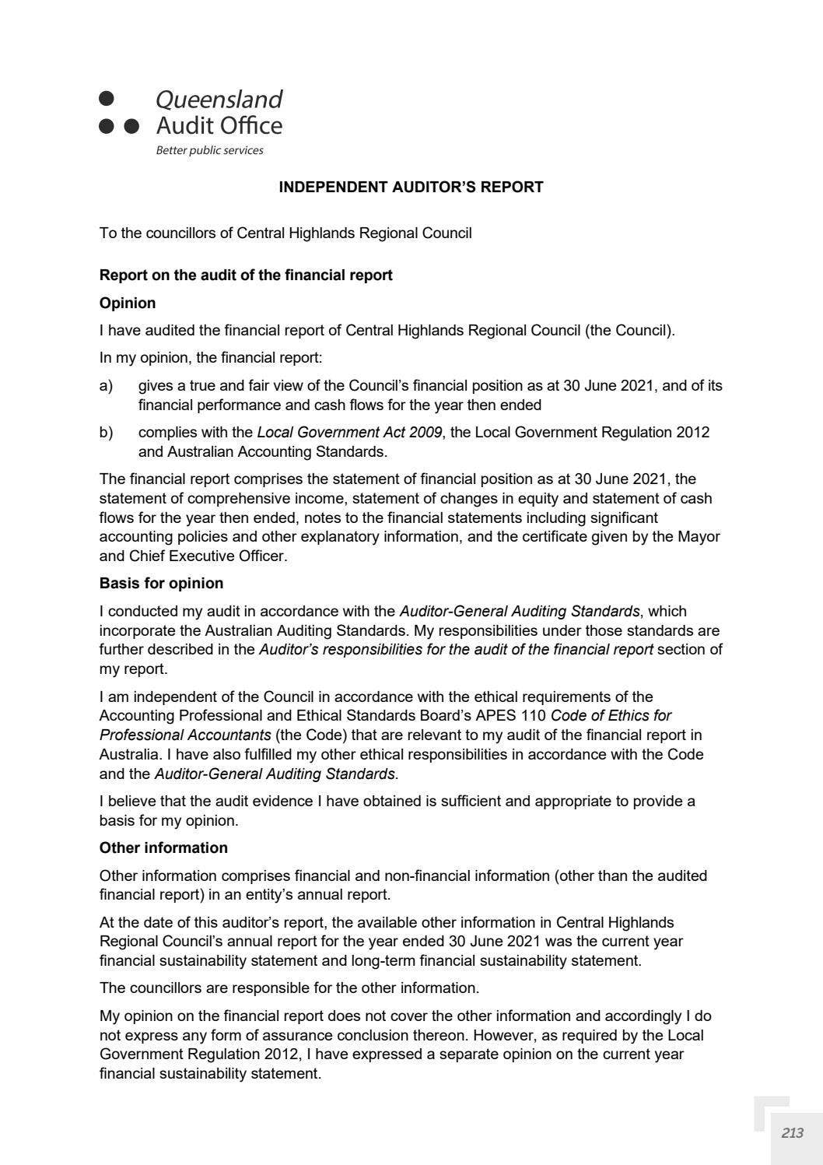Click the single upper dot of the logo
coord(107,99)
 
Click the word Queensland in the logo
coord(219,100)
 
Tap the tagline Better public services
coord(209,150)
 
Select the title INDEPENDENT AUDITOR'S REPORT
coord(411,187)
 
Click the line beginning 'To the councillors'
coord(285,233)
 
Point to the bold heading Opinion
coord(128,303)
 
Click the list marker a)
coord(106,385)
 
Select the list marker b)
coord(106,432)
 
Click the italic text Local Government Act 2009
coord(349,432)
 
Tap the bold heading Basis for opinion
coord(161,583)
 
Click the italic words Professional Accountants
coord(185,735)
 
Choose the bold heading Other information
coord(163,847)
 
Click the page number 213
coord(792,1133)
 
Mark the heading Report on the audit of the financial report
coord(246,275)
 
